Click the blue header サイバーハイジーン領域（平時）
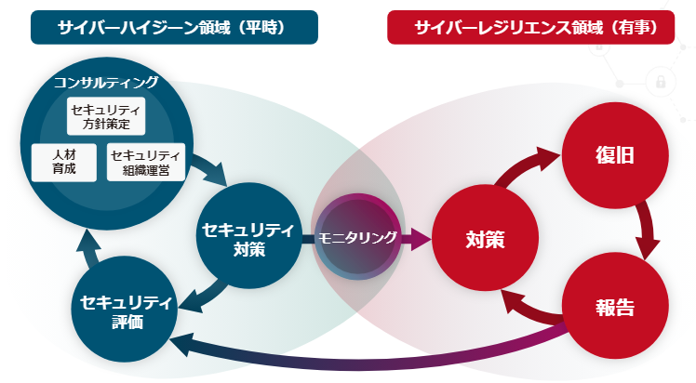tap(174, 27)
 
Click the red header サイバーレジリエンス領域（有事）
tap(531, 27)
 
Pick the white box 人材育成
tap(64, 162)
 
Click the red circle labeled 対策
tap(485, 239)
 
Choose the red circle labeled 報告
tap(614, 307)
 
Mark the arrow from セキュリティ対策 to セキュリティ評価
tap(199, 297)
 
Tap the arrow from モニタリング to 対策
tap(417, 239)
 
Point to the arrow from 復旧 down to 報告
tap(646, 232)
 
